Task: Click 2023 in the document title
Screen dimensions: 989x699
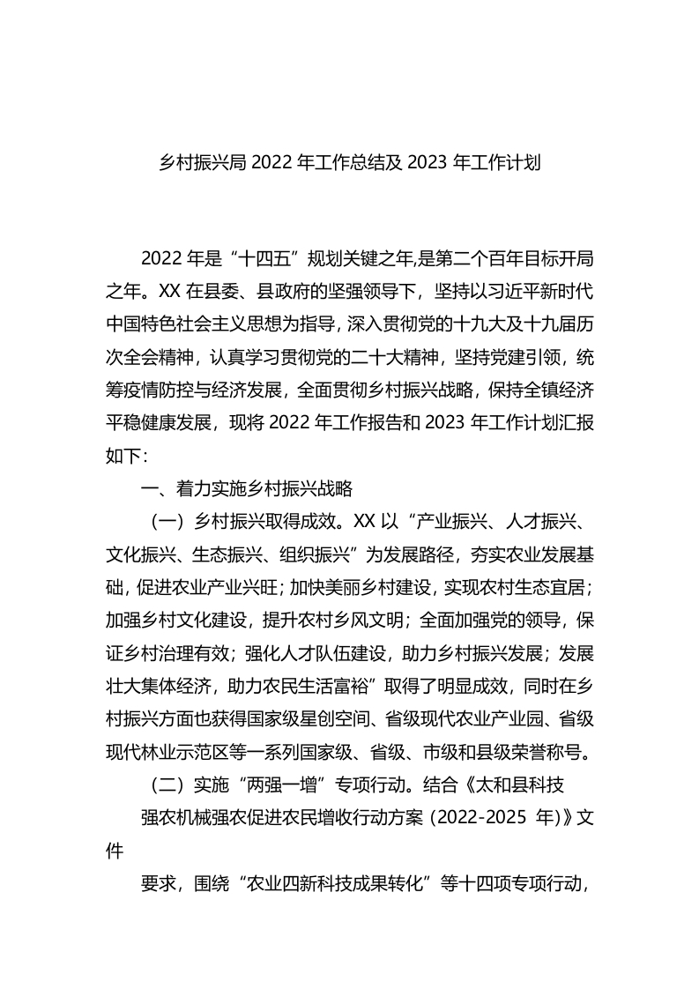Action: [x=428, y=163]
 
